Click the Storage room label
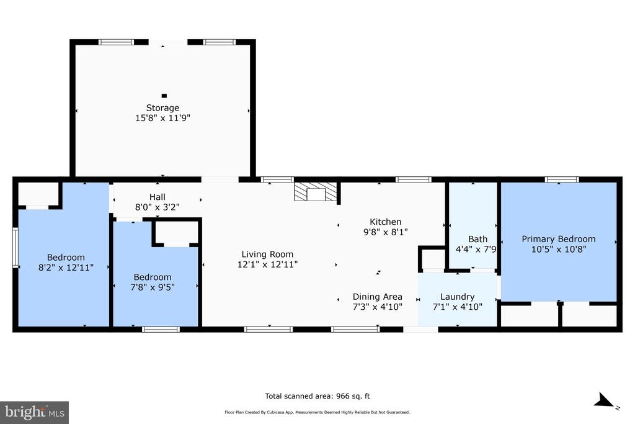(162, 108)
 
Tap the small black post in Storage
(164, 96)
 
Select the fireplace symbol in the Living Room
(316, 192)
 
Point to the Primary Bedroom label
(558, 239)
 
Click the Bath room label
(477, 239)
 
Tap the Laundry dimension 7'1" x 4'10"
(457, 306)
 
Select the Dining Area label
(377, 297)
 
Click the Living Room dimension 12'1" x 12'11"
(267, 264)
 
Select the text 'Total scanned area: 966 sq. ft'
(317, 396)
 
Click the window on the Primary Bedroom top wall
(562, 179)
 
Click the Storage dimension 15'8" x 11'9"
(162, 117)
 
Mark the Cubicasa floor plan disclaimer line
(317, 412)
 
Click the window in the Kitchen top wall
(414, 179)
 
